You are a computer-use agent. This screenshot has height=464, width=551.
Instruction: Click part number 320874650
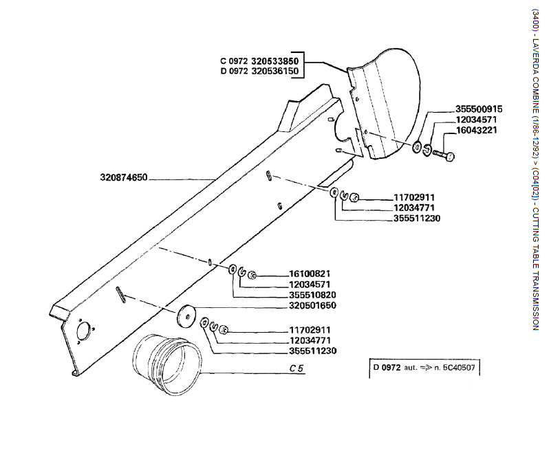125,178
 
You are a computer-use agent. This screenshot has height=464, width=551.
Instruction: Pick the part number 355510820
312,295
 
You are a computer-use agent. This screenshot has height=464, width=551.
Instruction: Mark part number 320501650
312,305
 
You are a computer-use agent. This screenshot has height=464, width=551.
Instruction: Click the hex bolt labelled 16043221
441,155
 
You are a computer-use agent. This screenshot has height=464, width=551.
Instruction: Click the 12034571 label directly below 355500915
476,120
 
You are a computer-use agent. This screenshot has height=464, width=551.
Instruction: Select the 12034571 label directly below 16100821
312,285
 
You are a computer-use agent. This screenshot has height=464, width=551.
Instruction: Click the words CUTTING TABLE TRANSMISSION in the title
535,276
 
